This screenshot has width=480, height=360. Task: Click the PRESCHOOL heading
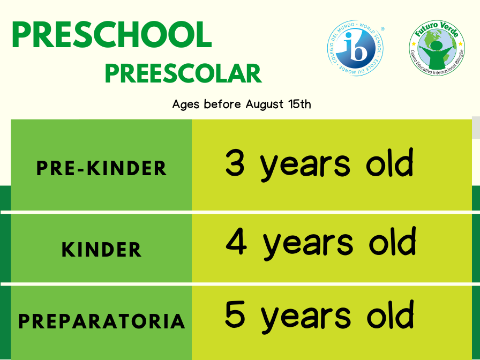[x=112, y=34]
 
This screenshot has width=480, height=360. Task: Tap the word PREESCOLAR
[x=183, y=74]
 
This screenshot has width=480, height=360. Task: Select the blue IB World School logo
[x=355, y=48]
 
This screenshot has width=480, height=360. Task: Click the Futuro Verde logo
[x=437, y=48]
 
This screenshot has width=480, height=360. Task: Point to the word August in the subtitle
[x=265, y=104]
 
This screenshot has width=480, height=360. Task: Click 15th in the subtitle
[x=299, y=104]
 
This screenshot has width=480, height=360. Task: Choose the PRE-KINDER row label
[x=101, y=168]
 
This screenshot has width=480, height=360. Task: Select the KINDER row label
[x=101, y=249]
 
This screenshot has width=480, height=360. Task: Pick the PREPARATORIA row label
[x=102, y=321]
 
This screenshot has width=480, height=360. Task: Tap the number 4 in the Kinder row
[x=236, y=242]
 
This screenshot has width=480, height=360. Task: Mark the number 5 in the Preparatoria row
[x=235, y=314]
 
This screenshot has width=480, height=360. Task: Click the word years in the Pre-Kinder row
[x=305, y=167]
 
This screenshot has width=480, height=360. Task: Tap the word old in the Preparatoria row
[x=391, y=314]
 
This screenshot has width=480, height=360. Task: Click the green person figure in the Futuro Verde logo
[x=437, y=55]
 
